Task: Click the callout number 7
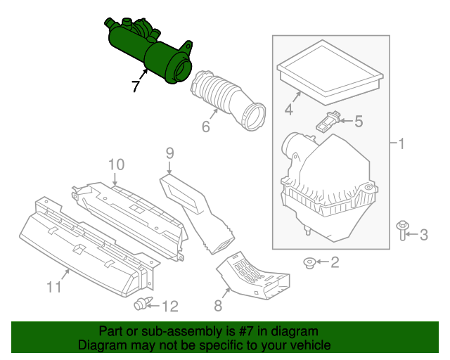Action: [x=135, y=86]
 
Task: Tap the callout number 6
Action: [x=206, y=127]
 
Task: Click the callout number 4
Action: [x=288, y=109]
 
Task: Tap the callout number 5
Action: [x=358, y=122]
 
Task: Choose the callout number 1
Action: [x=401, y=145]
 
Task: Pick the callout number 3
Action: [x=423, y=234]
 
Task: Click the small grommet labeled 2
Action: [x=308, y=263]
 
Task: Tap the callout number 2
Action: [x=334, y=263]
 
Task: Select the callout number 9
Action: [x=169, y=151]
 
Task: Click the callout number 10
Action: [x=116, y=165]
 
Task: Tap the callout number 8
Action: [x=217, y=305]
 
